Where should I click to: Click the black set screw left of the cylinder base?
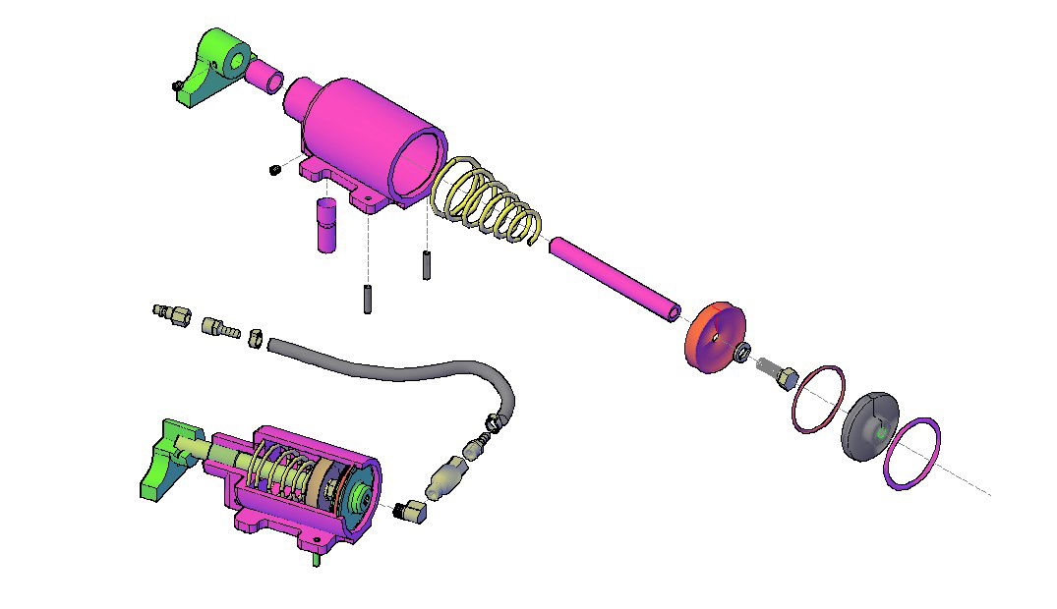275,171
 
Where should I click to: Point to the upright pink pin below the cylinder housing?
325,225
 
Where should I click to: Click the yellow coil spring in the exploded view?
488,200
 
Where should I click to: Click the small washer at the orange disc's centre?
743,352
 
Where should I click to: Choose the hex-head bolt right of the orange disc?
781,374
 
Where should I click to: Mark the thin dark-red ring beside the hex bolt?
818,399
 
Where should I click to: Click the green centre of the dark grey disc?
882,430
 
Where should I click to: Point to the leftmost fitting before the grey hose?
172,314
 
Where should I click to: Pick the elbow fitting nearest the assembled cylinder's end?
411,510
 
